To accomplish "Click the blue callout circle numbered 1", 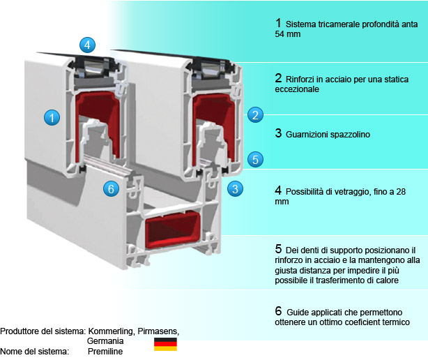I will point(51,117).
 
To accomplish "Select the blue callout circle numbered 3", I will point(236,188).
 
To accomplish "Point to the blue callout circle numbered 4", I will point(86,45).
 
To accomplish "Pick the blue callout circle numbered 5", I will point(255,159).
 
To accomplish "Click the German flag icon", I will point(165,343).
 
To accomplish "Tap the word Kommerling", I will point(112,330).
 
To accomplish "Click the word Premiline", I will point(105,351).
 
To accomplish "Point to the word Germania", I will point(105,340).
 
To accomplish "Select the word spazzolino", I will point(349,133).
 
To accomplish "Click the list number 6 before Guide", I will point(278,309).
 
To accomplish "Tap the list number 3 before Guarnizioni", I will point(278,133).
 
